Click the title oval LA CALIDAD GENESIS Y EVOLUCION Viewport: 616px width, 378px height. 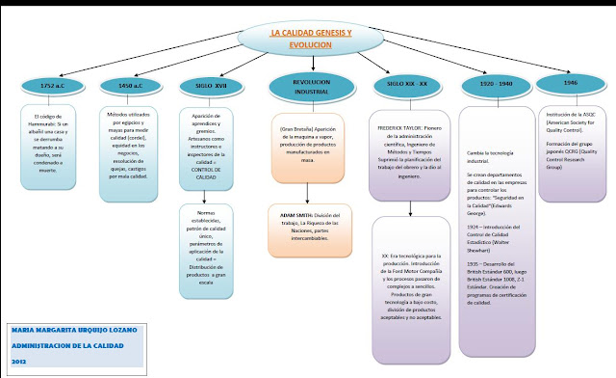click(x=310, y=39)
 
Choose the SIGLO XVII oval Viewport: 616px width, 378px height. click(x=214, y=85)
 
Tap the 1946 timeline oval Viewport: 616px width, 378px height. click(x=571, y=84)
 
